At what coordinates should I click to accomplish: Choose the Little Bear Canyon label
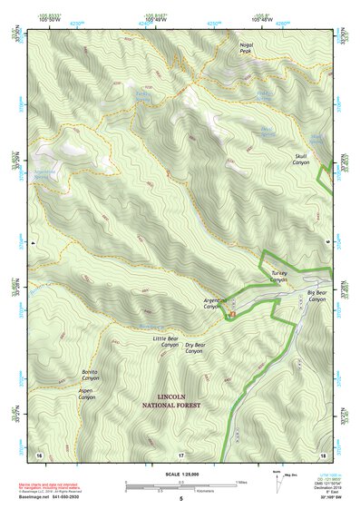coord(166,341)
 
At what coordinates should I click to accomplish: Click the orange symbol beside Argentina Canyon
coord(231,315)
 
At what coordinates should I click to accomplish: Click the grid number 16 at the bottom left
coord(39,453)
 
